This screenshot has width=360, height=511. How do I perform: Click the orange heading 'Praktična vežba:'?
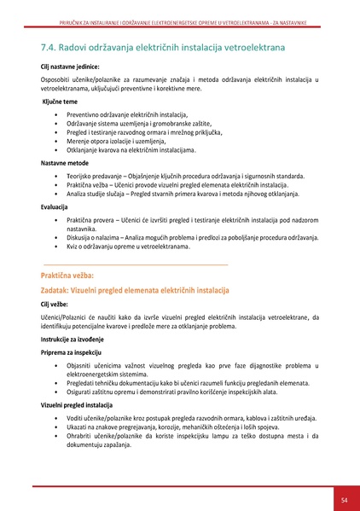(x=73, y=276)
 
